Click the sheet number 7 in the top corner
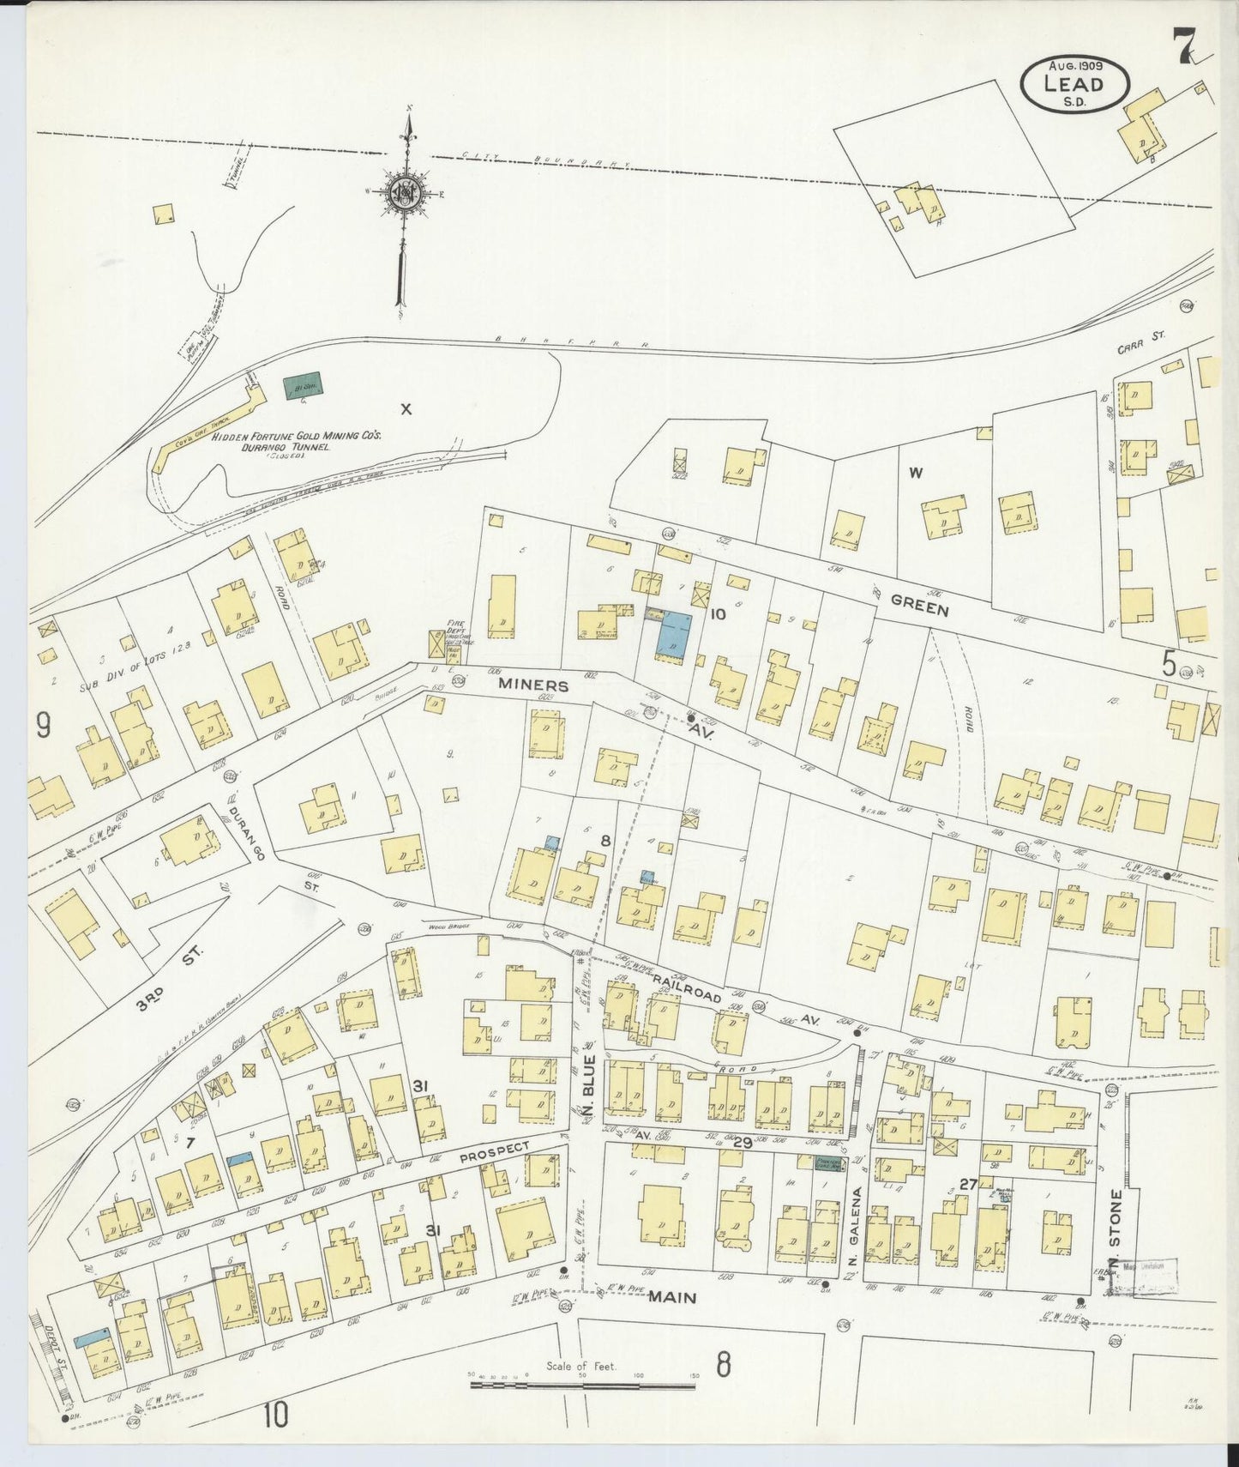[1186, 46]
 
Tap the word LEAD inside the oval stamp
[1074, 82]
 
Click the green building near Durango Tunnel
[303, 385]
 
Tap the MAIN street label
[671, 1298]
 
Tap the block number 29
[742, 1143]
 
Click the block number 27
[968, 1185]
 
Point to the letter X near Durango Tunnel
[406, 409]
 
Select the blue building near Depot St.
[90, 1337]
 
